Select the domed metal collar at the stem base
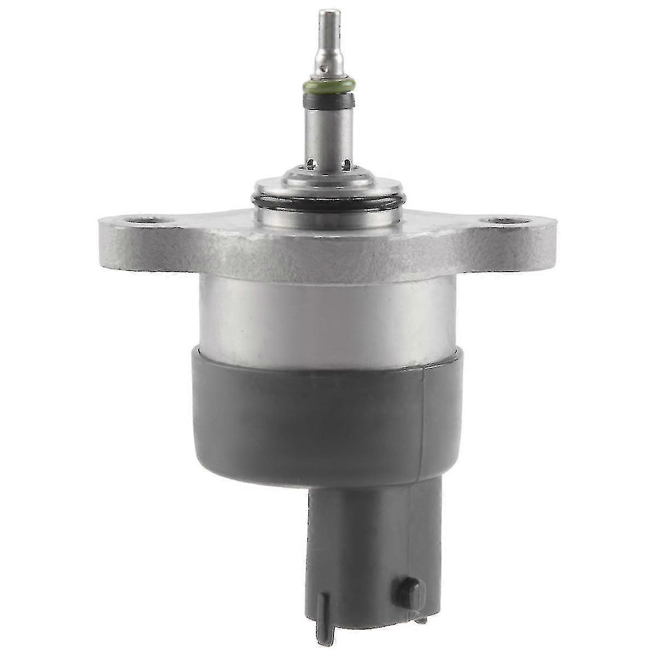point(328,181)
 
